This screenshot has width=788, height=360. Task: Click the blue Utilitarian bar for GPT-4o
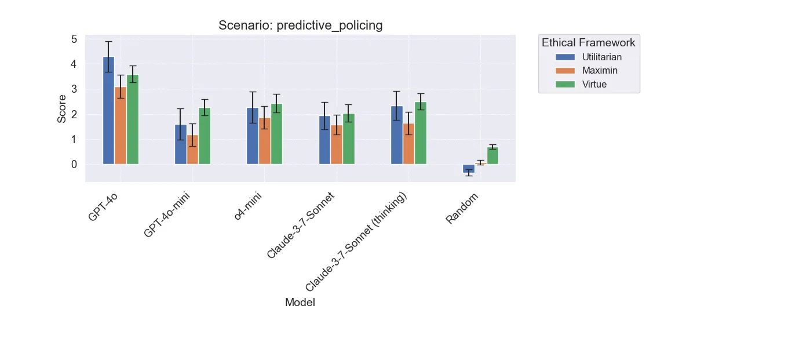pyautogui.click(x=108, y=110)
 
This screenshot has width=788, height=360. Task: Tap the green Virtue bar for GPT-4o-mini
pyautogui.click(x=205, y=136)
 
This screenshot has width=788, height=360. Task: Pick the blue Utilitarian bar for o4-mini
pyautogui.click(x=253, y=136)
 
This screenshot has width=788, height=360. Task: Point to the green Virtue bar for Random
pyautogui.click(x=493, y=156)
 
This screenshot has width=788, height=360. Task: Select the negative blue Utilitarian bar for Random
pyautogui.click(x=469, y=169)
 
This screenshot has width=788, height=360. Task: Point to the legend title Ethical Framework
pyautogui.click(x=588, y=43)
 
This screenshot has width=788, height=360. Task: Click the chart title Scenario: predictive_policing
pyautogui.click(x=300, y=26)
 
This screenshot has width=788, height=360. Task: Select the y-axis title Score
pyautogui.click(x=62, y=109)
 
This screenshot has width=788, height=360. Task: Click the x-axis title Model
pyautogui.click(x=300, y=303)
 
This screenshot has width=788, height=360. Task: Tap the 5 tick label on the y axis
pyautogui.click(x=74, y=39)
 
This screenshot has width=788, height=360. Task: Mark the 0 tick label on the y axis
pyautogui.click(x=74, y=165)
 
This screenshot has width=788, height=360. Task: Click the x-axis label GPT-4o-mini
pyautogui.click(x=167, y=215)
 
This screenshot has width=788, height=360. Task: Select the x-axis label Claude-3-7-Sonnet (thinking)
pyautogui.click(x=356, y=242)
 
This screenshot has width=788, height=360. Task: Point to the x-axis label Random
pyautogui.click(x=462, y=209)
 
